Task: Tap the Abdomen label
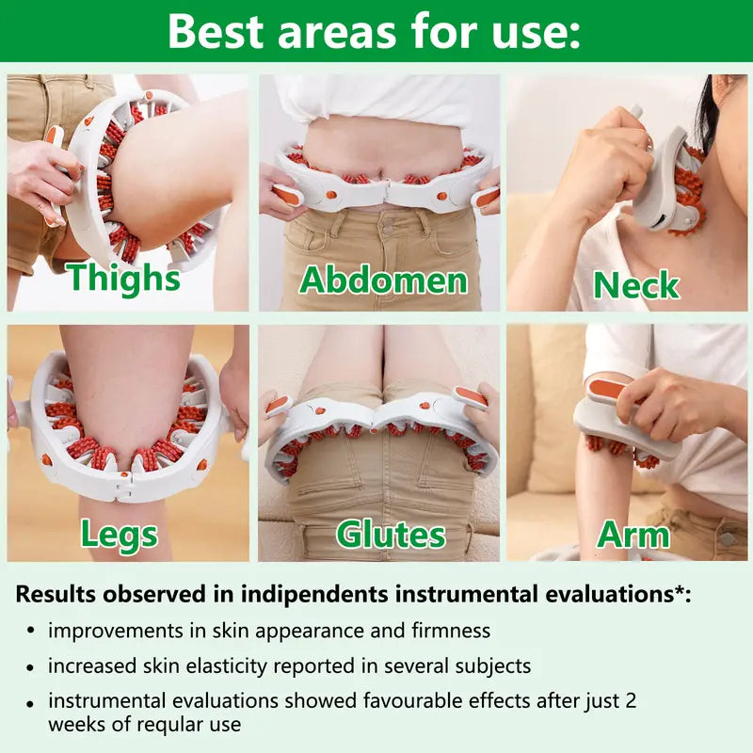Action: tap(383, 280)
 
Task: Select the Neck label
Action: tap(635, 284)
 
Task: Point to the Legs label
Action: tap(119, 534)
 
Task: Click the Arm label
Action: tap(633, 535)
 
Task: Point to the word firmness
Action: tap(445, 631)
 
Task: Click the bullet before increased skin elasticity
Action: tap(31, 666)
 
